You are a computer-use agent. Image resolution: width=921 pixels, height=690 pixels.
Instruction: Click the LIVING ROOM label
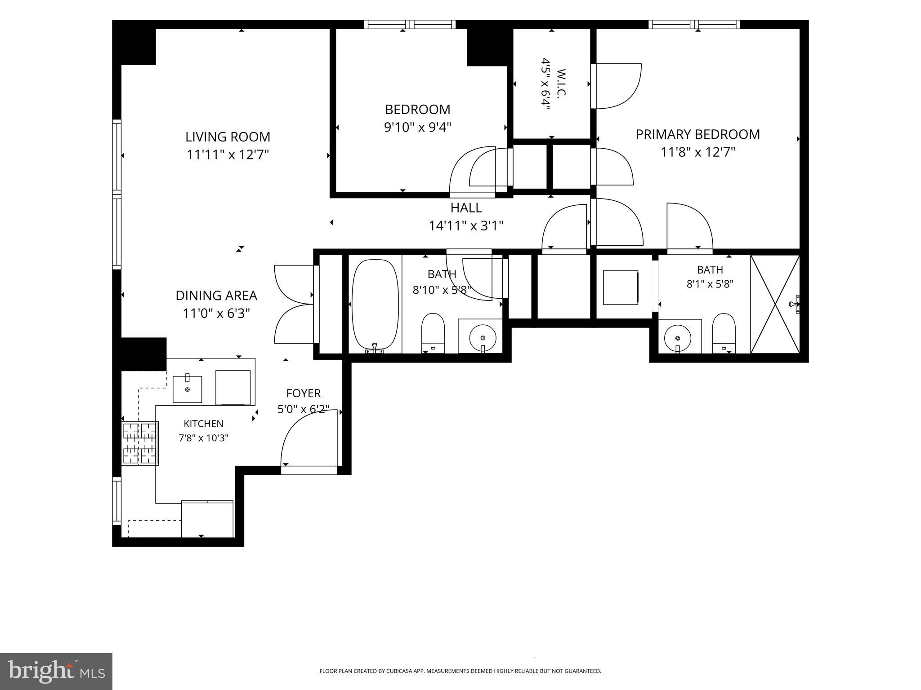tap(228, 137)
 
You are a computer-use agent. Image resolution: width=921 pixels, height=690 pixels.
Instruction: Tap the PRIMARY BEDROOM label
tap(697, 134)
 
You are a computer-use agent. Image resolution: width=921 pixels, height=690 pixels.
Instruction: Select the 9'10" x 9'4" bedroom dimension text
tap(417, 127)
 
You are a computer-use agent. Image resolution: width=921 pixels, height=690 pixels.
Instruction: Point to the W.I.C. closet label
tap(561, 83)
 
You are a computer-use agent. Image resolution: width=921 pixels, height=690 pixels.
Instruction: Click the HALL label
tap(466, 208)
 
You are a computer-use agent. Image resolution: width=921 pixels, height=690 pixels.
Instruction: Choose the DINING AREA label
tap(216, 296)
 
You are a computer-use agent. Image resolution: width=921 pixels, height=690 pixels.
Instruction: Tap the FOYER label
tap(304, 393)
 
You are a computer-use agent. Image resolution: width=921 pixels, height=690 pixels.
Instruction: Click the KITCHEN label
tap(203, 424)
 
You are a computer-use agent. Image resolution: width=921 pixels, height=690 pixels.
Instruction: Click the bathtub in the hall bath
tap(375, 305)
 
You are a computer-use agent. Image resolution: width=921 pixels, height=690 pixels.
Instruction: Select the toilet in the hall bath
tap(433, 333)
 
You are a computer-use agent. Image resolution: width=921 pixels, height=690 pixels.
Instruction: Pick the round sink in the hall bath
tap(483, 337)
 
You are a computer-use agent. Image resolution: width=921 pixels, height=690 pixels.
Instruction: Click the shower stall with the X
tap(775, 304)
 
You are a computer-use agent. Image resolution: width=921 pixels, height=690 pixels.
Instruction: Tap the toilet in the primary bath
tap(724, 333)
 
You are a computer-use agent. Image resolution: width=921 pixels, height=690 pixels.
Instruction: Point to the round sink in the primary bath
tap(678, 337)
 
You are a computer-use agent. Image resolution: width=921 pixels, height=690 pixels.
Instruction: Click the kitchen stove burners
tap(140, 443)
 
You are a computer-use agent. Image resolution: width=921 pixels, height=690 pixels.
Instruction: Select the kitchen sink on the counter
tap(188, 389)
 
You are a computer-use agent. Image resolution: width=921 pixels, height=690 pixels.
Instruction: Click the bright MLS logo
tap(56, 671)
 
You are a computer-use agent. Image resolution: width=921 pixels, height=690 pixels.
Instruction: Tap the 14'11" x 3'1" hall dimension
tap(466, 226)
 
